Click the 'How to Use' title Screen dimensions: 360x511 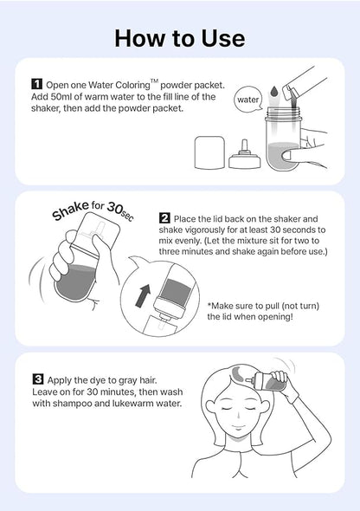180,38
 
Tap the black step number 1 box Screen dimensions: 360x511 37,84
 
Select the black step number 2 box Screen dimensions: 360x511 164,217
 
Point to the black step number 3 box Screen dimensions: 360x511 38,379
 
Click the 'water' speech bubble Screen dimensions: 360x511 248,100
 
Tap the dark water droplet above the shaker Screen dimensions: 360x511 274,91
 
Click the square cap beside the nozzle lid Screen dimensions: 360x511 209,152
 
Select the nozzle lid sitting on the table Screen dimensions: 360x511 245,156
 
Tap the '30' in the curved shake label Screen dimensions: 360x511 114,208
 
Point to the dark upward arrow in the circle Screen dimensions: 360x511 143,295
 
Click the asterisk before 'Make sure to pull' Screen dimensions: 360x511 209,305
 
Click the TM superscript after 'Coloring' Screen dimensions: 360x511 154,81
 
